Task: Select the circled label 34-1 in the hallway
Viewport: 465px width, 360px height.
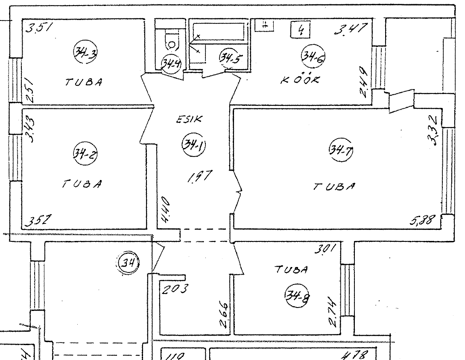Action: click(x=193, y=145)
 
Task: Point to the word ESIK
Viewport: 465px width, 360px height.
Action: click(x=187, y=120)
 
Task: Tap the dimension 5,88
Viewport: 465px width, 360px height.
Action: click(x=422, y=221)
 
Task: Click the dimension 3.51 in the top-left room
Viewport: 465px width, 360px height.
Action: click(x=38, y=28)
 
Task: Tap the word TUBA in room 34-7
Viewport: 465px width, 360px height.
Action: click(x=335, y=186)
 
